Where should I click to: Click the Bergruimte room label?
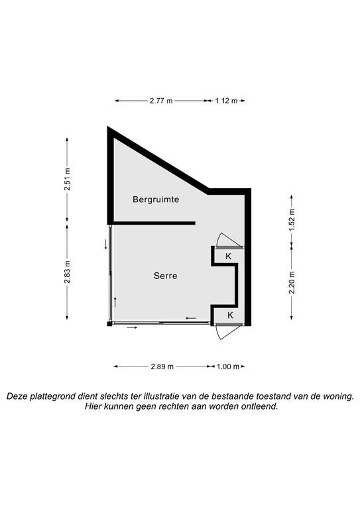(x=156, y=199)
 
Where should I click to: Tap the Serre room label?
(x=166, y=276)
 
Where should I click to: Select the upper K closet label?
(x=229, y=256)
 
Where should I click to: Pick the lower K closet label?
(x=230, y=315)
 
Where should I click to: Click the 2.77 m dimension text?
(x=161, y=101)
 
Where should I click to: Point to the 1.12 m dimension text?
(x=226, y=101)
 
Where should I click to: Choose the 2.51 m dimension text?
(x=67, y=179)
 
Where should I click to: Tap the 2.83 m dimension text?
(x=67, y=272)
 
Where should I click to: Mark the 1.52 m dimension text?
(x=292, y=219)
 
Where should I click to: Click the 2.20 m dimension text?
(x=292, y=282)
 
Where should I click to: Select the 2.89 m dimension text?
(x=162, y=367)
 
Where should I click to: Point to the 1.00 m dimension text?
(x=228, y=367)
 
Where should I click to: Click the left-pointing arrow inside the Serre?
(x=191, y=318)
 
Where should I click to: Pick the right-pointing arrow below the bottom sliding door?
(x=132, y=328)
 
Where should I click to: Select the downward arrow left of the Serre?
(x=106, y=244)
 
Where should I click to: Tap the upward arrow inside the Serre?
(x=115, y=302)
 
